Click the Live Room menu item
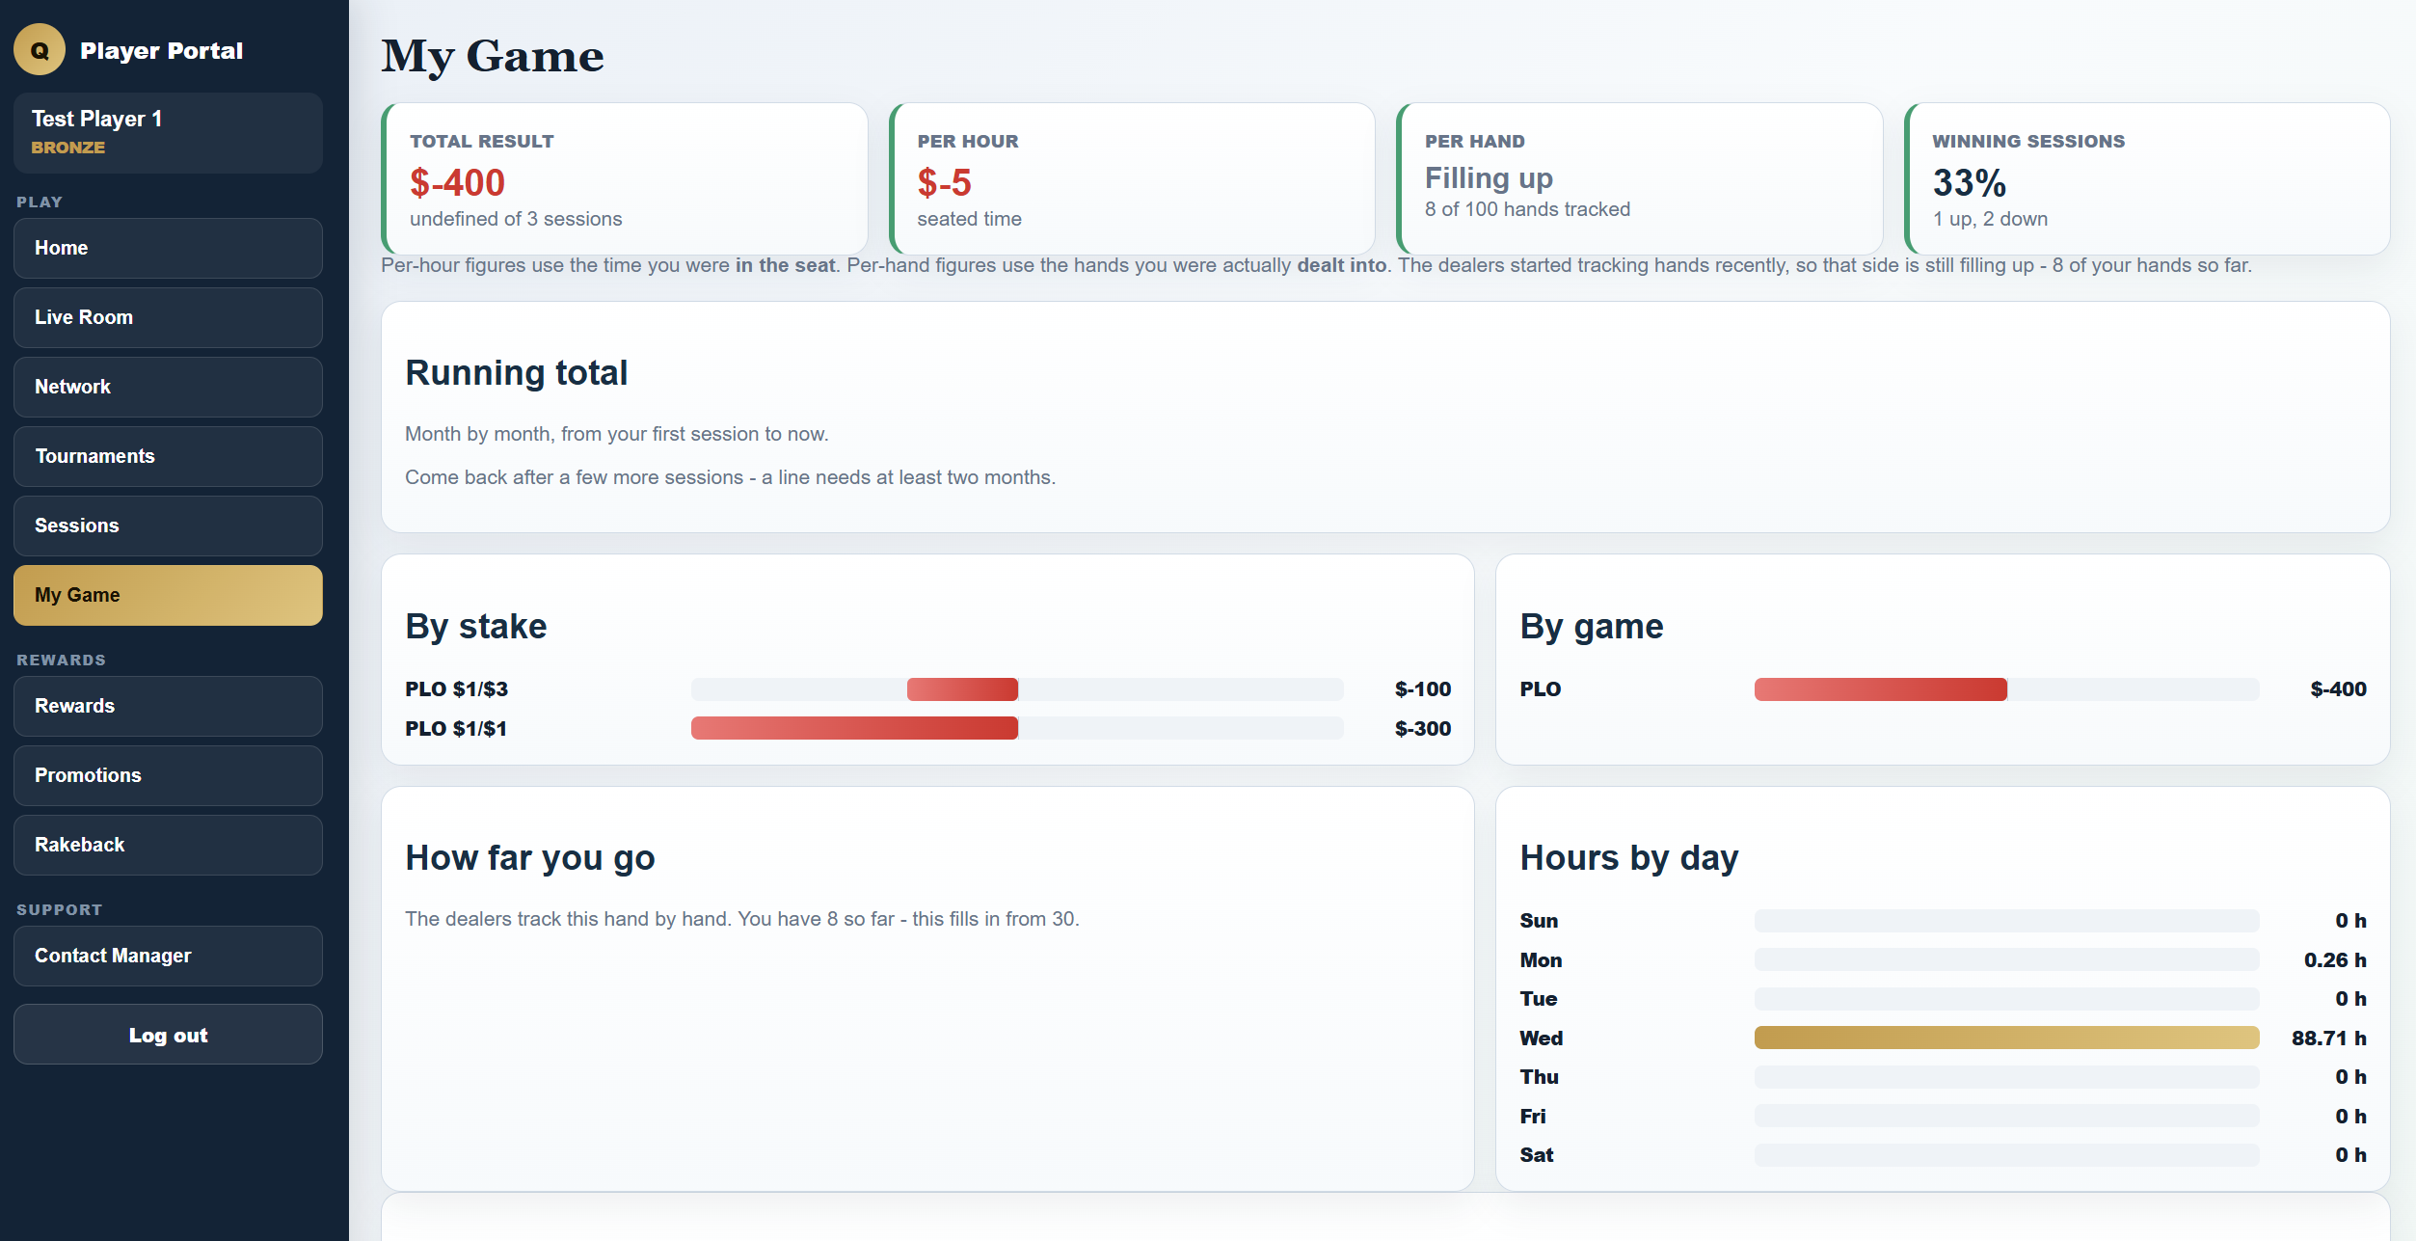[x=168, y=317]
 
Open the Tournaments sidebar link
[x=168, y=456]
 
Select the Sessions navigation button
[x=168, y=526]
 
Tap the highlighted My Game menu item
[x=168, y=595]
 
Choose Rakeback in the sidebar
[x=168, y=845]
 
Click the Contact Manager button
[x=168, y=956]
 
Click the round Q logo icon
[x=40, y=50]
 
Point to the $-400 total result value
[x=457, y=182]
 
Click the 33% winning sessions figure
[x=1969, y=182]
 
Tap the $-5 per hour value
[x=944, y=182]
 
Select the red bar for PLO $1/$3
[x=962, y=688]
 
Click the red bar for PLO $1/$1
[x=854, y=728]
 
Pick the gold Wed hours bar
[x=2006, y=1038]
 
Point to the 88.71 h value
[x=2328, y=1038]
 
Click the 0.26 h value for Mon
[x=2335, y=959]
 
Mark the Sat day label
[x=1537, y=1154]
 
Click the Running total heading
[x=516, y=372]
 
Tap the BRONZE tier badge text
[x=67, y=148]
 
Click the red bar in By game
[x=1880, y=688]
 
